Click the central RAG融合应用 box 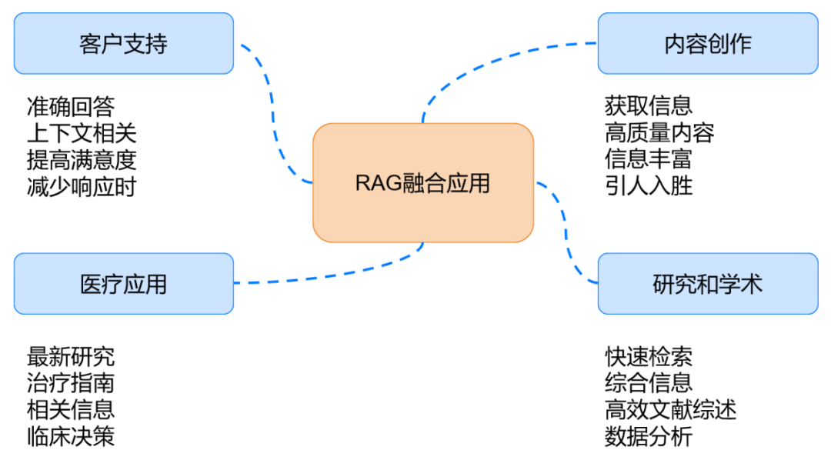pyautogui.click(x=422, y=183)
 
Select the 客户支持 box pyautogui.click(x=123, y=44)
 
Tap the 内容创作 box pyautogui.click(x=707, y=44)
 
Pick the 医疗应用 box pyautogui.click(x=123, y=284)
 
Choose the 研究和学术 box pyautogui.click(x=707, y=284)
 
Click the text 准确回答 pyautogui.click(x=70, y=106)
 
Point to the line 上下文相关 pyautogui.click(x=81, y=133)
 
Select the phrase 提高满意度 pyautogui.click(x=81, y=160)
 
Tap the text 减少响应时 pyautogui.click(x=81, y=186)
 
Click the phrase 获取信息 pyautogui.click(x=648, y=106)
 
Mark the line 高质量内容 pyautogui.click(x=659, y=133)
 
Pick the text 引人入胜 pyautogui.click(x=648, y=186)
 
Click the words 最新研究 pyautogui.click(x=70, y=357)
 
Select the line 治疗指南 pyautogui.click(x=70, y=383)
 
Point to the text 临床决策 pyautogui.click(x=70, y=437)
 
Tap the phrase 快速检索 pyautogui.click(x=648, y=357)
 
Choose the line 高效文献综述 pyautogui.click(x=670, y=410)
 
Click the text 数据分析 pyautogui.click(x=648, y=437)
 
